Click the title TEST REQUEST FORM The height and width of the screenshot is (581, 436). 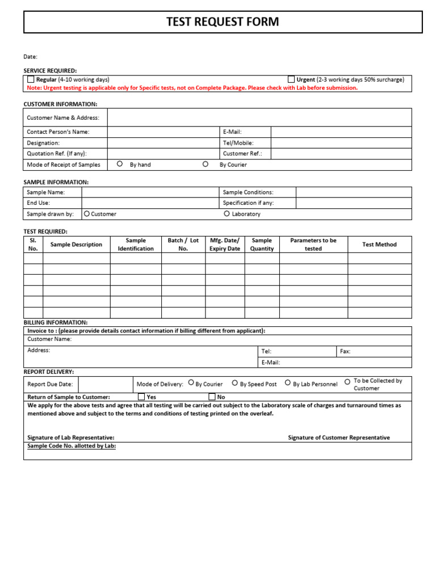[x=223, y=22]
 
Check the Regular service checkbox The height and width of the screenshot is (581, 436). [x=31, y=80]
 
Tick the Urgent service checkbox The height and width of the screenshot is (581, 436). [x=291, y=80]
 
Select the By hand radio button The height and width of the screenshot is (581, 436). [x=120, y=164]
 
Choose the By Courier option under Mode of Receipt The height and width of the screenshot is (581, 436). [x=206, y=164]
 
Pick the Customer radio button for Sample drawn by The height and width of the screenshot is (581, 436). [x=87, y=214]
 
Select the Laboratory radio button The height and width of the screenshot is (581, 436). [x=227, y=214]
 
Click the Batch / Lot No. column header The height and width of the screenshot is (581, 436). [x=183, y=245]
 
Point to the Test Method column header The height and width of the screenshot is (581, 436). [x=379, y=245]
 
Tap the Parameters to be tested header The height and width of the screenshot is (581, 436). [x=313, y=245]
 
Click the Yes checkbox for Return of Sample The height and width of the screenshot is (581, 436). [x=141, y=397]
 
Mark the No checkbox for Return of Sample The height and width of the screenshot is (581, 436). [x=212, y=397]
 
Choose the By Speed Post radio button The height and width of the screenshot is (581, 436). [x=235, y=383]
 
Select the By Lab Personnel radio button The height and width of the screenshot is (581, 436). [x=288, y=383]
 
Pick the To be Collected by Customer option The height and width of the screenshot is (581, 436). [x=347, y=382]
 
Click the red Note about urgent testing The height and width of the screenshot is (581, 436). [x=192, y=88]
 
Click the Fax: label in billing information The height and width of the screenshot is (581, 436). [x=345, y=352]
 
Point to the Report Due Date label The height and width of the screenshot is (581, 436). [x=50, y=384]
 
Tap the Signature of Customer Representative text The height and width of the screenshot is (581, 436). [x=339, y=437]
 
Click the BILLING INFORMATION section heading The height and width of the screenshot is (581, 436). [x=56, y=322]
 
